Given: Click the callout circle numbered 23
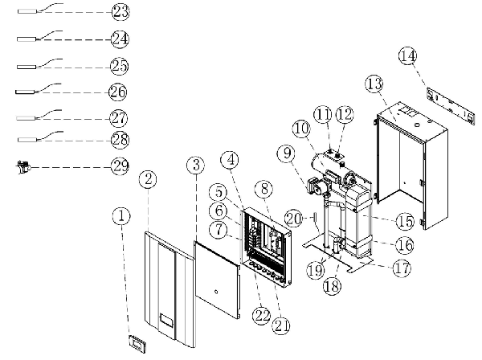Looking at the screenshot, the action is point(120,12).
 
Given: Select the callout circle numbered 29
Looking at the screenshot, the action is point(120,166).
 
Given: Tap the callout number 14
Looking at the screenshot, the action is point(408,56).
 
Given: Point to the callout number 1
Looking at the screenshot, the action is point(121,216).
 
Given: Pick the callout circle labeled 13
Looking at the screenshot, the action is point(374,84).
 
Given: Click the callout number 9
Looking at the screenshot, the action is point(287,153).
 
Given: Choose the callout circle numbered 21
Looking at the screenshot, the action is point(281,325).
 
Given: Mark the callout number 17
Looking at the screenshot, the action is point(402,268).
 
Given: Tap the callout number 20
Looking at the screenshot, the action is point(293,219).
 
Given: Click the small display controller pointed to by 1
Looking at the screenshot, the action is point(137,343).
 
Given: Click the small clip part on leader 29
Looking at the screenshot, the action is point(22,167).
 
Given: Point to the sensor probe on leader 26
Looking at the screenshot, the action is point(25,92).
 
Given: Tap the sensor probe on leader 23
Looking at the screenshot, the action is point(27,11).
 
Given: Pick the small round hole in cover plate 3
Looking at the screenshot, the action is point(216,292).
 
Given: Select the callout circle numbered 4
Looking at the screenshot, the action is point(230,160).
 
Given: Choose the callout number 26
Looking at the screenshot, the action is point(118,92).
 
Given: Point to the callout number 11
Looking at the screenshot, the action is point(323,114).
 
